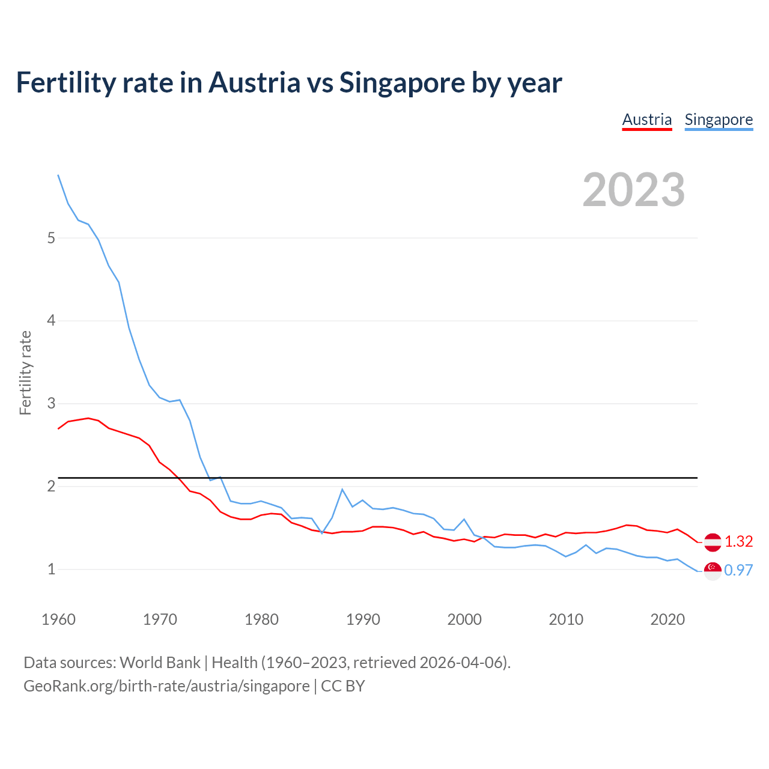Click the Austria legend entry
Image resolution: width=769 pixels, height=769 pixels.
[646, 120]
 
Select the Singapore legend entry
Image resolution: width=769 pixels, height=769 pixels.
[719, 120]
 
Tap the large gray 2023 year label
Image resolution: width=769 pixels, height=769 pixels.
[634, 190]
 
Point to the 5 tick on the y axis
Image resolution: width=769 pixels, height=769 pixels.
[51, 238]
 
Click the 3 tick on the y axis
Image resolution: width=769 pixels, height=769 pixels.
[51, 403]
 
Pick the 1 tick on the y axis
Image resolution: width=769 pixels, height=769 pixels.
[51, 569]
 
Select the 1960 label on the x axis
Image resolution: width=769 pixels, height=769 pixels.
[58, 619]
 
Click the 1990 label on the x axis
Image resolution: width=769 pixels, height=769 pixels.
[363, 619]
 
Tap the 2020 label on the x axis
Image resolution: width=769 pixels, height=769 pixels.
[667, 619]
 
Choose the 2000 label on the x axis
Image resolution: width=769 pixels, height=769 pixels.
[464, 619]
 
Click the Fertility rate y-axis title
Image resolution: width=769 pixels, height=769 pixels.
[25, 372]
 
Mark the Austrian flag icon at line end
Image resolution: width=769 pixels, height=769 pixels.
[713, 542]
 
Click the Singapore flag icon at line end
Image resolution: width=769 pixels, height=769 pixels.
[713, 571]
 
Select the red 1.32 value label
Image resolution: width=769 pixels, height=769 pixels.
[738, 542]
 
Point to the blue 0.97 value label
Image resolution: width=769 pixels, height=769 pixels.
[738, 571]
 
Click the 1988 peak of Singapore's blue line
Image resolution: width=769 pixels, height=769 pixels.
[342, 489]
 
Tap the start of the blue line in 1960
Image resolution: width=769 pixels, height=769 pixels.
[58, 175]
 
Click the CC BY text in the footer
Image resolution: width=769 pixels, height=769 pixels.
[342, 686]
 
